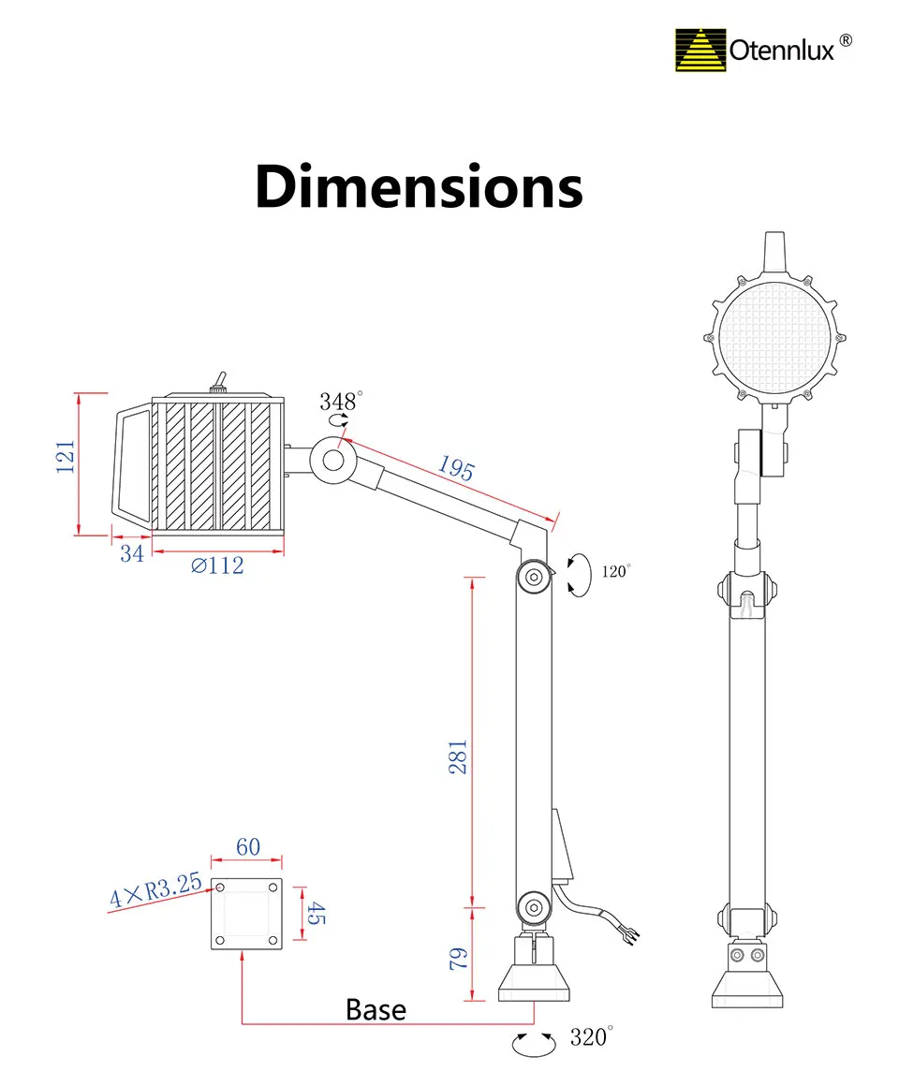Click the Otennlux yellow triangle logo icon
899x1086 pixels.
tap(700, 51)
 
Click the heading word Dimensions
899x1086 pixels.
tap(419, 186)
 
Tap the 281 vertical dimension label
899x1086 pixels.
tap(458, 756)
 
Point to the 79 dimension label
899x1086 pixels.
tap(458, 958)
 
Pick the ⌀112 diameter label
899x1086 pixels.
tap(217, 565)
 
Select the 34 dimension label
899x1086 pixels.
tap(132, 553)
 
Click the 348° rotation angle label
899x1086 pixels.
tap(339, 403)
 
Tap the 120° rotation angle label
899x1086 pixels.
tap(616, 571)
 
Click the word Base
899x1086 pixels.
tap(376, 1009)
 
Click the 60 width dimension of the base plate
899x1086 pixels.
tap(247, 847)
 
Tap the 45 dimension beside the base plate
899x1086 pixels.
tap(317, 913)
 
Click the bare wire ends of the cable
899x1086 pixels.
tap(630, 932)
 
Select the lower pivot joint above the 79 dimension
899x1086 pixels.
tap(533, 905)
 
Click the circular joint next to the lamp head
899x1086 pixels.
tap(333, 460)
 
